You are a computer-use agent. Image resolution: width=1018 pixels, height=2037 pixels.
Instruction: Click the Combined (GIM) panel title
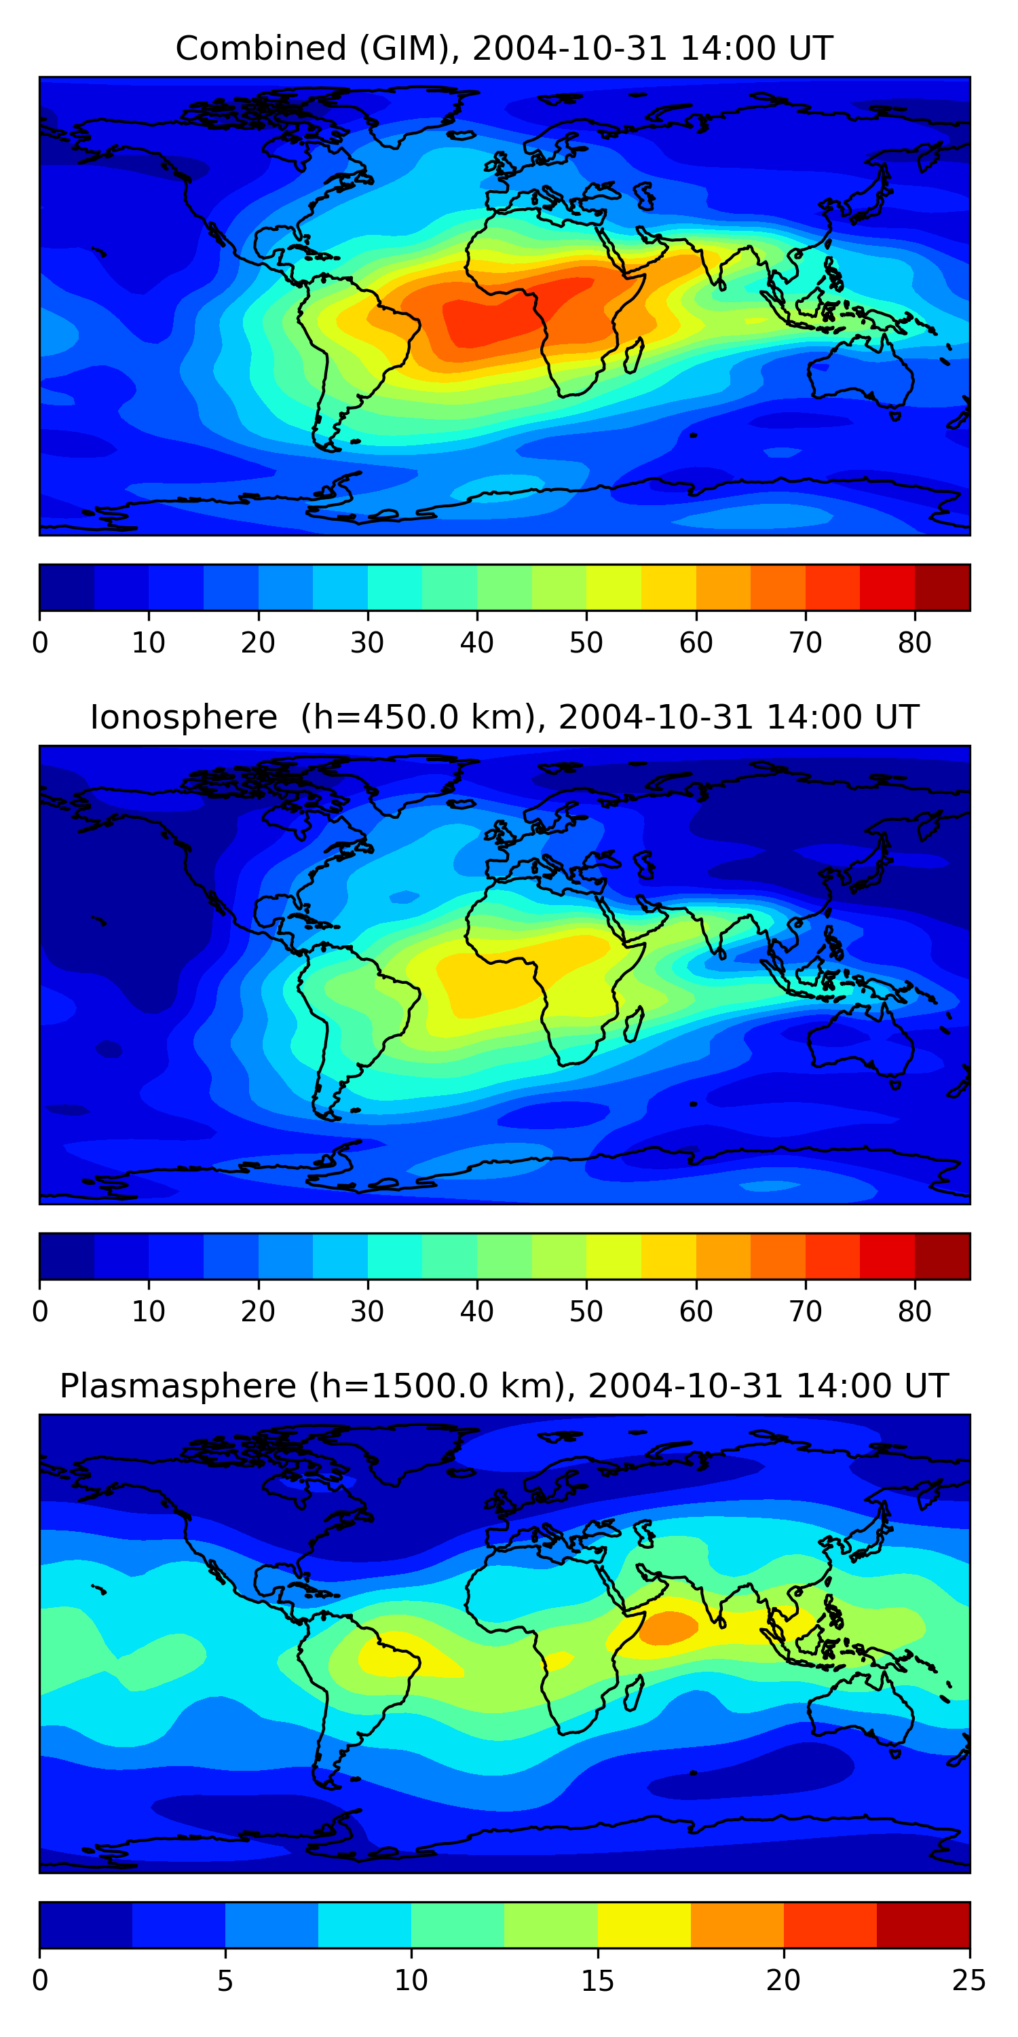point(504,48)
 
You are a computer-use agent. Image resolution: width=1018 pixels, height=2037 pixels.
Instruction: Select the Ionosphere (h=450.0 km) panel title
point(504,717)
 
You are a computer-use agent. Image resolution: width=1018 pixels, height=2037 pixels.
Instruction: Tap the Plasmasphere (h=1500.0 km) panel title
point(504,1387)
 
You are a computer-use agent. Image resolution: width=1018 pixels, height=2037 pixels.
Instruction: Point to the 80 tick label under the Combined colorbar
point(914,643)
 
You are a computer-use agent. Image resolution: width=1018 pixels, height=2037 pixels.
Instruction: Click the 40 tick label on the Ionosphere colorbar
point(476,1312)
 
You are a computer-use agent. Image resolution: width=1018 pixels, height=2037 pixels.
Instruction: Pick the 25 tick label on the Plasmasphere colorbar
point(968,1981)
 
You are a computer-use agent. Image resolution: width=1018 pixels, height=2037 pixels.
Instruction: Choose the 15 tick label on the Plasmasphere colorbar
point(597,1981)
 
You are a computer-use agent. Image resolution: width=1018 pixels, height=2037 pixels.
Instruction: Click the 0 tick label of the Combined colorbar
point(40,643)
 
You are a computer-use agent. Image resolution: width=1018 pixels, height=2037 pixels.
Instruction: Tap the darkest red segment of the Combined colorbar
point(942,587)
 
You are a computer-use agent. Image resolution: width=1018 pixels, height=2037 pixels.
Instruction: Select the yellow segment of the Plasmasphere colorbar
point(643,1925)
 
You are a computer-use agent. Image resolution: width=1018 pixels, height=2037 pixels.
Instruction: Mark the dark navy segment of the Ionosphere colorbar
point(67,1257)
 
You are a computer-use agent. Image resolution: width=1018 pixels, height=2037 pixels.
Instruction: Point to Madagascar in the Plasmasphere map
point(634,1693)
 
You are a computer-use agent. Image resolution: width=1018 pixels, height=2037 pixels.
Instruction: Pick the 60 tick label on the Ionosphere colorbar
point(696,1312)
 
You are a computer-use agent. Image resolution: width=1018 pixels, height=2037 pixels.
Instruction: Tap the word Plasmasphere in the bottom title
point(178,1387)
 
